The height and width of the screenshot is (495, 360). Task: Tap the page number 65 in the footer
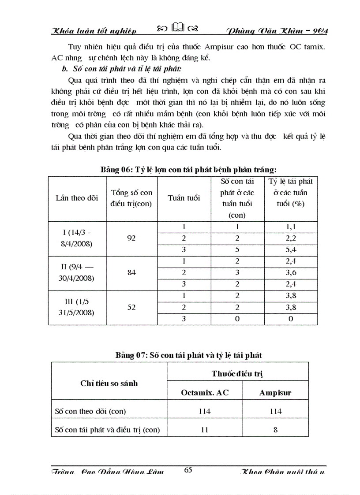pyautogui.click(x=188, y=470)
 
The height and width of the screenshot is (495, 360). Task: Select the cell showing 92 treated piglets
pyautogui.click(x=131, y=238)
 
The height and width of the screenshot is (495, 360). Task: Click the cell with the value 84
pyautogui.click(x=131, y=272)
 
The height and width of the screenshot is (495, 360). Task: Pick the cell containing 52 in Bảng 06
pyautogui.click(x=131, y=307)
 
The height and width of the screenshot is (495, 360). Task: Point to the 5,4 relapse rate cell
pyautogui.click(x=291, y=250)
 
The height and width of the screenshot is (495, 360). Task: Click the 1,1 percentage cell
pyautogui.click(x=291, y=227)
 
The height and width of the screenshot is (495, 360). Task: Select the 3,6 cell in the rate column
pyautogui.click(x=291, y=272)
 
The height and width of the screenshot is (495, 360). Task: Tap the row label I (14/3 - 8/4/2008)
pyautogui.click(x=77, y=238)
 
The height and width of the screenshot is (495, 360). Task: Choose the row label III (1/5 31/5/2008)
pyautogui.click(x=77, y=307)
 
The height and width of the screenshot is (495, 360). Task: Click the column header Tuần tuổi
pyautogui.click(x=184, y=198)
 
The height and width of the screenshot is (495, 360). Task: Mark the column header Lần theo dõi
pyautogui.click(x=77, y=198)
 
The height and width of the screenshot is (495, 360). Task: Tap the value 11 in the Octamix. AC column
pyautogui.click(x=205, y=429)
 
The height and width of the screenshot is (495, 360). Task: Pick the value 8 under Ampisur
pyautogui.click(x=275, y=429)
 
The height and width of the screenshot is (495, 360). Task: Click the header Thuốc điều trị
pyautogui.click(x=237, y=373)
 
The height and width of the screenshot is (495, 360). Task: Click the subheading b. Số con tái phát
pyautogui.click(x=122, y=69)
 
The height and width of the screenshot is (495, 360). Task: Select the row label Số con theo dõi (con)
pyautogui.click(x=90, y=411)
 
